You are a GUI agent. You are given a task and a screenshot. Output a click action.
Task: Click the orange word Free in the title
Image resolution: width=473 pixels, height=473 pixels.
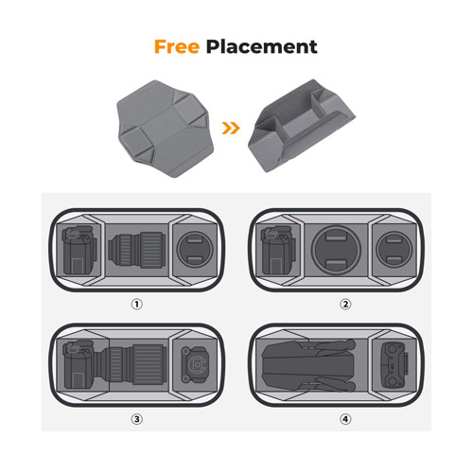(177, 46)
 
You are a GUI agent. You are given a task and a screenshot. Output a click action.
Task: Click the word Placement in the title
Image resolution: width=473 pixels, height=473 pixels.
(261, 47)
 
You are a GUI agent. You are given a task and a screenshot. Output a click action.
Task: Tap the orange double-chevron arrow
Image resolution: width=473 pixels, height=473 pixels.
(231, 128)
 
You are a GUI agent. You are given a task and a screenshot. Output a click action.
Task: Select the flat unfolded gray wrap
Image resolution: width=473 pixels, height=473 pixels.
(166, 129)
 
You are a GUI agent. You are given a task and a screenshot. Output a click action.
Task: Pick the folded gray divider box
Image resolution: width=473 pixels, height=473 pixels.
(302, 125)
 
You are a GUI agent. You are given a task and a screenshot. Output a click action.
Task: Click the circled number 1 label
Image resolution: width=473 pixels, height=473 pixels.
(137, 305)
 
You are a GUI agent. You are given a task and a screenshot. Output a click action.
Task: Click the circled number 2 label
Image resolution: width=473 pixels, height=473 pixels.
(345, 305)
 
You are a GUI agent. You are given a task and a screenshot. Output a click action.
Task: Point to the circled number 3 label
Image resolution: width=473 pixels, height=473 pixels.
(137, 419)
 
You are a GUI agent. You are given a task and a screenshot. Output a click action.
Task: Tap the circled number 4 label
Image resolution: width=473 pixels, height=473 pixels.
(345, 419)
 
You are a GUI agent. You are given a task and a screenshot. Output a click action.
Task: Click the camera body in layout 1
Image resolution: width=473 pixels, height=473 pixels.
(79, 250)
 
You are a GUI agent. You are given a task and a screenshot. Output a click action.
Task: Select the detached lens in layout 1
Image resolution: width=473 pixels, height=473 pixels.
(136, 250)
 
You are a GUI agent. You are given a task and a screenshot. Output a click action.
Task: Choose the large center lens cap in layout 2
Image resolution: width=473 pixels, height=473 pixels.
(336, 250)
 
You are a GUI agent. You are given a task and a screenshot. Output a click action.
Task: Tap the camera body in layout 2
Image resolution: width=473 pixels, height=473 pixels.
(278, 250)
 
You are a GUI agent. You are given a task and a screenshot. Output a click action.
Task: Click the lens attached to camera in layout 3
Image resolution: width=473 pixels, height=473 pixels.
(133, 364)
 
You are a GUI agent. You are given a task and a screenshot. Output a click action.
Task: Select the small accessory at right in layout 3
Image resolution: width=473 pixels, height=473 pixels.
(194, 364)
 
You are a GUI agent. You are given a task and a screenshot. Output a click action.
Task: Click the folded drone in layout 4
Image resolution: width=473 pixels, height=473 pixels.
(309, 365)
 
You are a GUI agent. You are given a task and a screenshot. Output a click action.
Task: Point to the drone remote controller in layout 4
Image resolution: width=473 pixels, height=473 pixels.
(394, 365)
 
